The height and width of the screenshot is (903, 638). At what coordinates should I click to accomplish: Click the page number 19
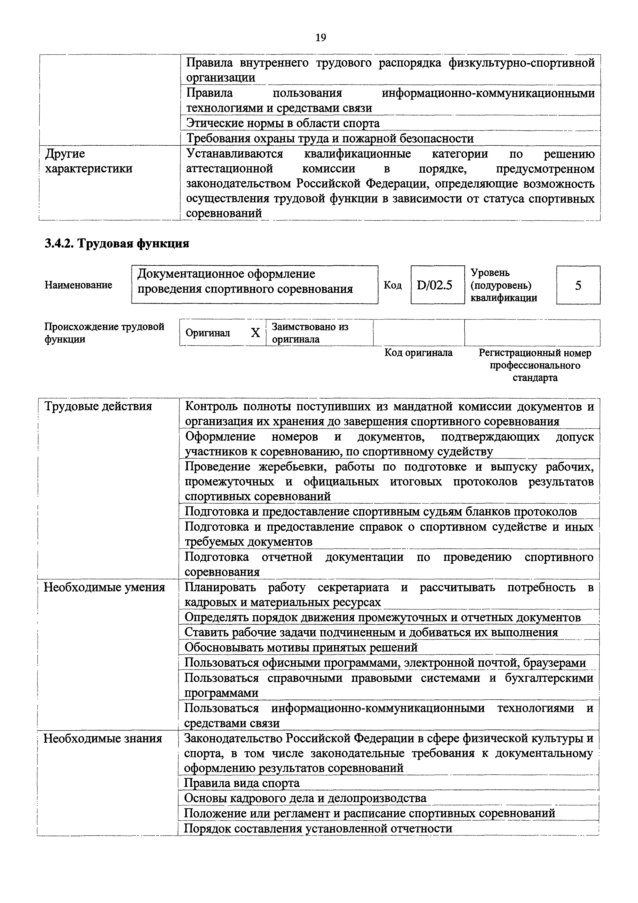320,38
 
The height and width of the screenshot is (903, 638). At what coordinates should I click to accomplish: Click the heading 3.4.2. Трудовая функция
117,244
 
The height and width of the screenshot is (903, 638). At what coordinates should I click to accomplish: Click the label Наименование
78,285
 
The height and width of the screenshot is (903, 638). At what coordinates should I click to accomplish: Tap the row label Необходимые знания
103,738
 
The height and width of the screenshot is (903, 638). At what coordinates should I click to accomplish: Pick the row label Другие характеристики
89,161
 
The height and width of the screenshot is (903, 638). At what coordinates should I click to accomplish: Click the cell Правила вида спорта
242,783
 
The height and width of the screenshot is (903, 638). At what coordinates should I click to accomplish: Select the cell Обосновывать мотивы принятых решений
301,647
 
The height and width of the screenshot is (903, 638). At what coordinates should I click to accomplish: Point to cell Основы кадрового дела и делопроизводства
305,798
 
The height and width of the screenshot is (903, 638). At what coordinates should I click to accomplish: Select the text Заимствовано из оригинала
310,333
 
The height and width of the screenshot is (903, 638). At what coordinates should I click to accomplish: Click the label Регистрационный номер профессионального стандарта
534,365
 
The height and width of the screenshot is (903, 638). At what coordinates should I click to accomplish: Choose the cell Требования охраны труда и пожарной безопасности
329,138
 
